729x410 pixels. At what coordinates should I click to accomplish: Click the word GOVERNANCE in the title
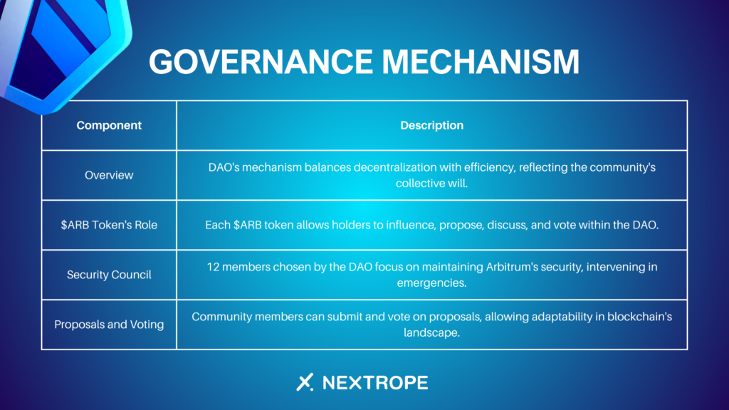point(261,63)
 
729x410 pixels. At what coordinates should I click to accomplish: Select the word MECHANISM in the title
point(481,63)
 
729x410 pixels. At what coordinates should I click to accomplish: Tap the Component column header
point(109,125)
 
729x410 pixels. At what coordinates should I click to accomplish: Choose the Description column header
point(432,125)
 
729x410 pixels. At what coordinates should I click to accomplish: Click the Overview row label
point(109,175)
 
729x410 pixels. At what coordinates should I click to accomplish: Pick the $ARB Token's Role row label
point(109,225)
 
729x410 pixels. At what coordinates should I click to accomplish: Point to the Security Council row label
point(109,275)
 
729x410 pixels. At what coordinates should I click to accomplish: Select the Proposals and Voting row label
point(109,325)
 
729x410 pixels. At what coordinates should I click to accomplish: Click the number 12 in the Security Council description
point(213,267)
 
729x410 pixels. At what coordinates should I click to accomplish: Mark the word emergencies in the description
point(431,283)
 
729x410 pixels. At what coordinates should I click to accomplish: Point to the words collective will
point(432,183)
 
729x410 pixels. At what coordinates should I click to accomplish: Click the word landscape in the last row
point(431,333)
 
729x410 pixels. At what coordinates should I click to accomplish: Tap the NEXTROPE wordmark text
point(375,382)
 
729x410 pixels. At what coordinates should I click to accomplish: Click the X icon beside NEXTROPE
point(305,382)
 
